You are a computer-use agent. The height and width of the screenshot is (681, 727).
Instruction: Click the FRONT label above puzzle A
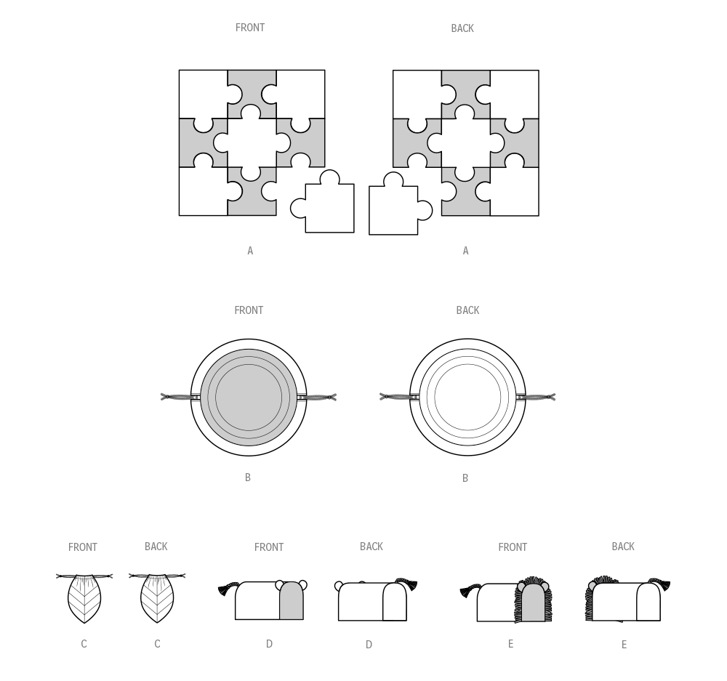[250, 28]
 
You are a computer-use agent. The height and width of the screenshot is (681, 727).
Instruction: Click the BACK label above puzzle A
[462, 28]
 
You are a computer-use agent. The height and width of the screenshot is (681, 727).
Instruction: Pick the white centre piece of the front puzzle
[252, 142]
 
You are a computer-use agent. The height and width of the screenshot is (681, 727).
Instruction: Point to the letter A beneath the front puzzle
[250, 251]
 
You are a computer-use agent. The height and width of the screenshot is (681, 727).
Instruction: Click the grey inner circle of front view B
[249, 398]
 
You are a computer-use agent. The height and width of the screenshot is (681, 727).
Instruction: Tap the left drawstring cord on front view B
[176, 397]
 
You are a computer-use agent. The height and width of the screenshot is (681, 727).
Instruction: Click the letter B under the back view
[465, 478]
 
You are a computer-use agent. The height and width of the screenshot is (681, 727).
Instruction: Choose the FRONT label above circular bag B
[249, 310]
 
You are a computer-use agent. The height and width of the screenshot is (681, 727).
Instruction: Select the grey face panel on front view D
[291, 603]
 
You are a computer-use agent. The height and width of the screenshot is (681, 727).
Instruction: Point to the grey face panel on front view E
[533, 605]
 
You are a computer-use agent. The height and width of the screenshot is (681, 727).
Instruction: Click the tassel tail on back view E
[660, 584]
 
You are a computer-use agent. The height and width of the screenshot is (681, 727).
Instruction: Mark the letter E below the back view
[624, 645]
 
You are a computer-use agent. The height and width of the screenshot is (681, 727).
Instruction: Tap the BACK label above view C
[156, 547]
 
